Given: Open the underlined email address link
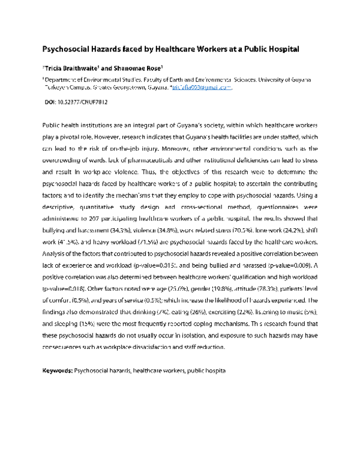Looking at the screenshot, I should click(202, 87).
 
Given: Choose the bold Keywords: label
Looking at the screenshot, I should click(57, 372).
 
